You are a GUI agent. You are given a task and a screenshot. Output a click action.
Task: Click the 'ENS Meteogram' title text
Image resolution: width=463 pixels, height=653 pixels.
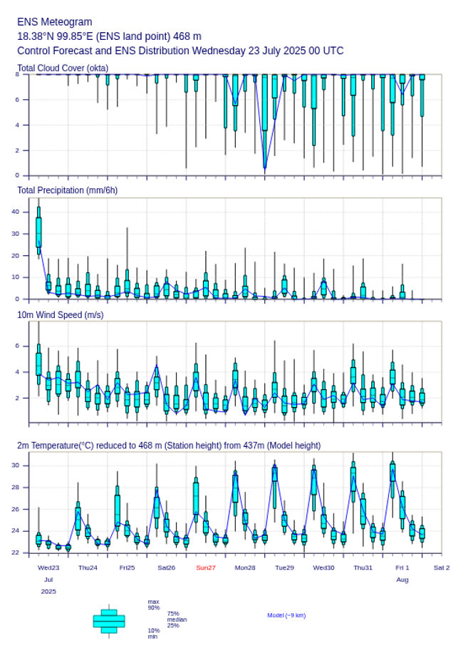coord(54,22)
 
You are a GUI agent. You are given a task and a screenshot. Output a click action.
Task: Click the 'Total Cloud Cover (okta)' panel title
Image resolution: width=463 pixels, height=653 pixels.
coord(63,68)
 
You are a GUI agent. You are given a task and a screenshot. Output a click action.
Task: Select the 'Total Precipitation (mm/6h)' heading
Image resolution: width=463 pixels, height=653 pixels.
coord(68,190)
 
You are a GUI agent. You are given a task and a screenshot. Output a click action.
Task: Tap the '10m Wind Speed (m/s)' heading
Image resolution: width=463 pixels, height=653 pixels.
coord(60,314)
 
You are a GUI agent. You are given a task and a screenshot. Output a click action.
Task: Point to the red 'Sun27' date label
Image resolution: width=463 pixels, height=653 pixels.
coord(206,567)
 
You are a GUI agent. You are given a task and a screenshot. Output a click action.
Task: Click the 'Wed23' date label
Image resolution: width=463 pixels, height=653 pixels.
coord(48,567)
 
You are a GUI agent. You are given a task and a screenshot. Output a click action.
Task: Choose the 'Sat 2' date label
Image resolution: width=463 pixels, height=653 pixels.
coord(442,567)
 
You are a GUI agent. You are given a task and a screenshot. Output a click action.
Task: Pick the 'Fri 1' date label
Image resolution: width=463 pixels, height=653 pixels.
coord(402,567)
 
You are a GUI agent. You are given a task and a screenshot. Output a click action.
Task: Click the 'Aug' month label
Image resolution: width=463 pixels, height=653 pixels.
coord(402,580)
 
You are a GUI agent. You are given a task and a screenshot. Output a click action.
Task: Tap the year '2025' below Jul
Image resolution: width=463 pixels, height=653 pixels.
coord(48,592)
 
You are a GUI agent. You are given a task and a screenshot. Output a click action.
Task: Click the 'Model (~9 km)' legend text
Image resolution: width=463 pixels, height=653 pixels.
coord(286,615)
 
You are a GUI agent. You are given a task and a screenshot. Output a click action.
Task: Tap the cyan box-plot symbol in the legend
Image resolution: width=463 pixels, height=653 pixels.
coord(109,621)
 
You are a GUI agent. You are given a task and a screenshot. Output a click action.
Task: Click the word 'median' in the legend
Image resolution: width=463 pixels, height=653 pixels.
coord(177,619)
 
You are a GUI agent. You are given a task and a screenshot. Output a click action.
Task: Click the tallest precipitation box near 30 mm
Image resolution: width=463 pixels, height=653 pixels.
coord(38,232)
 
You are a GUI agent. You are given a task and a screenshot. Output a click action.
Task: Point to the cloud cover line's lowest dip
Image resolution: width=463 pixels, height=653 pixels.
coord(265,168)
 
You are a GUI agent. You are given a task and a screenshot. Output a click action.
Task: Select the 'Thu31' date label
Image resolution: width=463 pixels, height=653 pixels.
coord(363,567)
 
